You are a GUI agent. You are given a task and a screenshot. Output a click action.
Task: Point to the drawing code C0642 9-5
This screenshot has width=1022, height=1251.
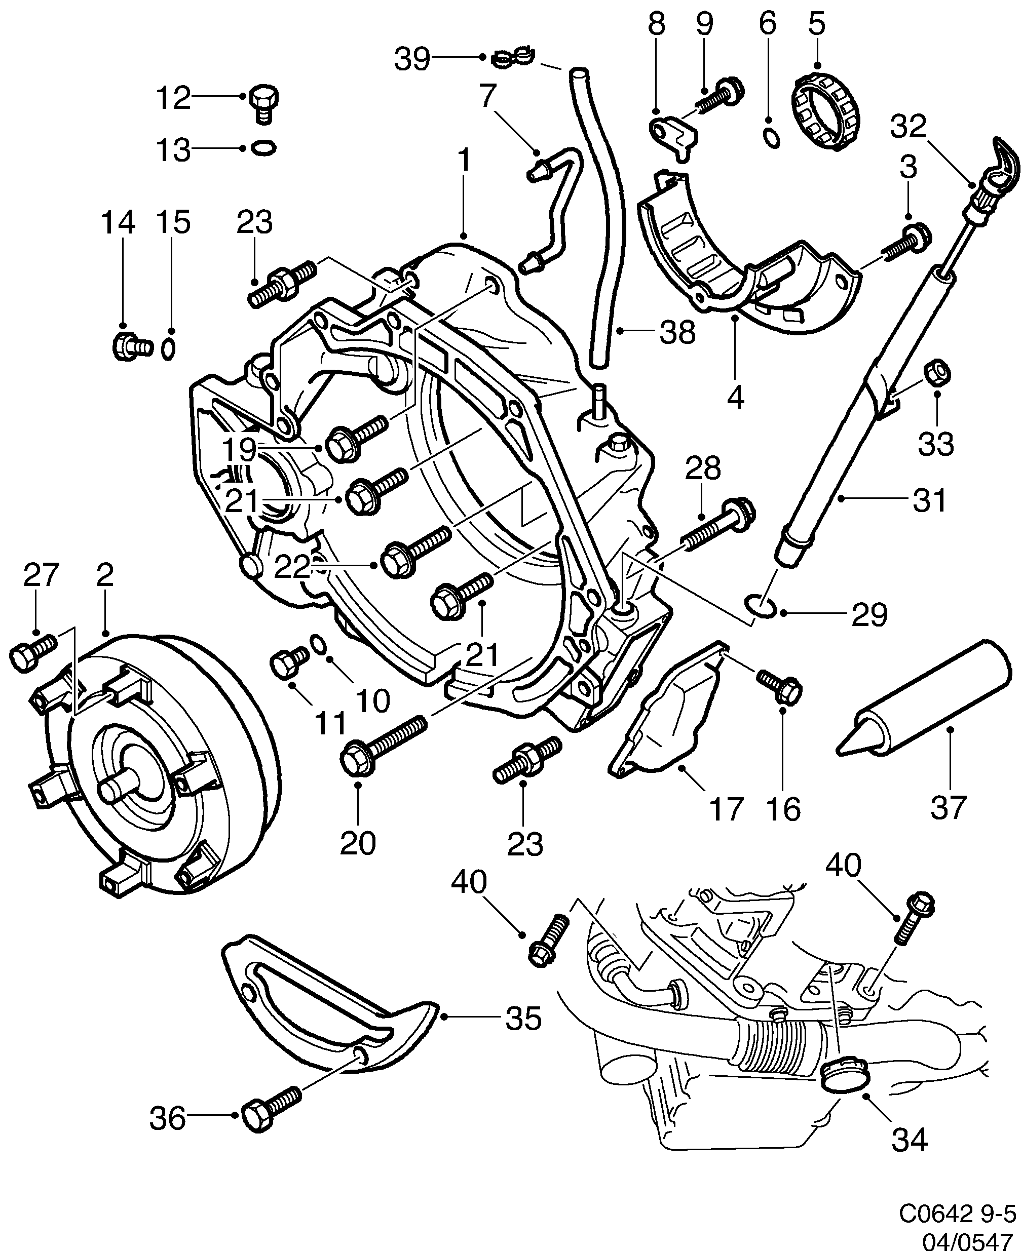pos(957,1214)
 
